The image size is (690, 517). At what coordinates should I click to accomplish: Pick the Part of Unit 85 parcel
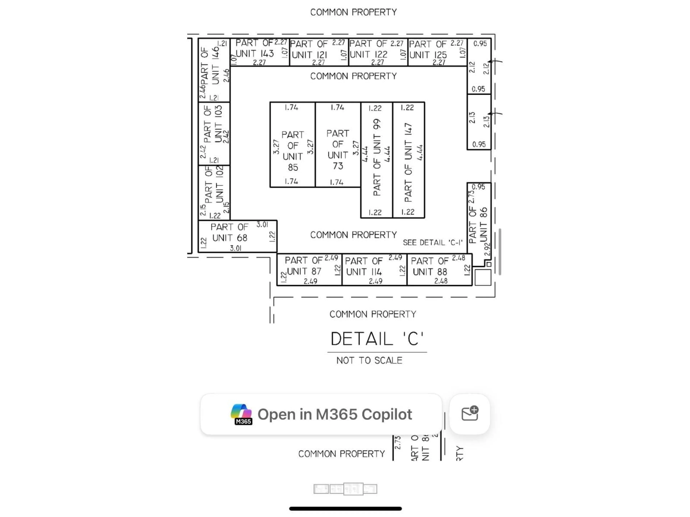292,145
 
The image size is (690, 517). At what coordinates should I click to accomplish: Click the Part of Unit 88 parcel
439,270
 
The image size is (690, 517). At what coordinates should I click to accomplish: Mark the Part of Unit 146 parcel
214,70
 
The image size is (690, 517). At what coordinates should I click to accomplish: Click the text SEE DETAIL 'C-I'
432,243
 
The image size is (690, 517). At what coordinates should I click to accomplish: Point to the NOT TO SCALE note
369,361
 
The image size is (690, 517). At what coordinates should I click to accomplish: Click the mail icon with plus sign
470,414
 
